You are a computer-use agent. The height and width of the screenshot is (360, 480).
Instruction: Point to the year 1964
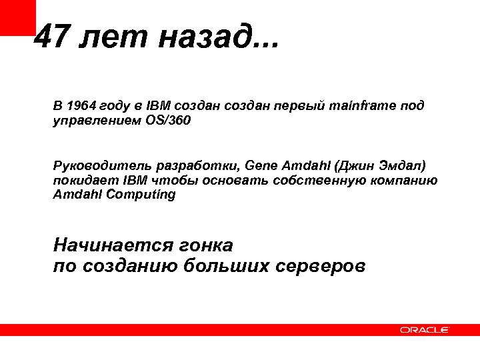pyautogui.click(x=81, y=106)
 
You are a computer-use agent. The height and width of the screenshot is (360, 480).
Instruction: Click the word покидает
pyautogui.click(x=85, y=180)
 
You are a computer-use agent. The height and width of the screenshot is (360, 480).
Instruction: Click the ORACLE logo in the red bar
pyautogui.click(x=425, y=329)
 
